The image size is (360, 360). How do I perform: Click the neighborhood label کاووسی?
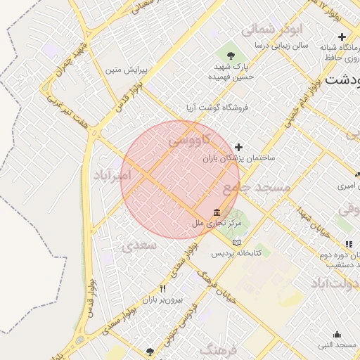point(188,141)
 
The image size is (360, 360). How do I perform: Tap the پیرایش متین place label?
point(126,70)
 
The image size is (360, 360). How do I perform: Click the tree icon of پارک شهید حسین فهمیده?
point(231,53)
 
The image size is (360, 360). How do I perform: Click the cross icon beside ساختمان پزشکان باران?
point(239,147)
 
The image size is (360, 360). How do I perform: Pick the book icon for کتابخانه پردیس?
point(236,242)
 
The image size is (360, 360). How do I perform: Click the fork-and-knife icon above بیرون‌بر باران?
point(163,288)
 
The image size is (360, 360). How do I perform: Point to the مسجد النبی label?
point(337,345)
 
